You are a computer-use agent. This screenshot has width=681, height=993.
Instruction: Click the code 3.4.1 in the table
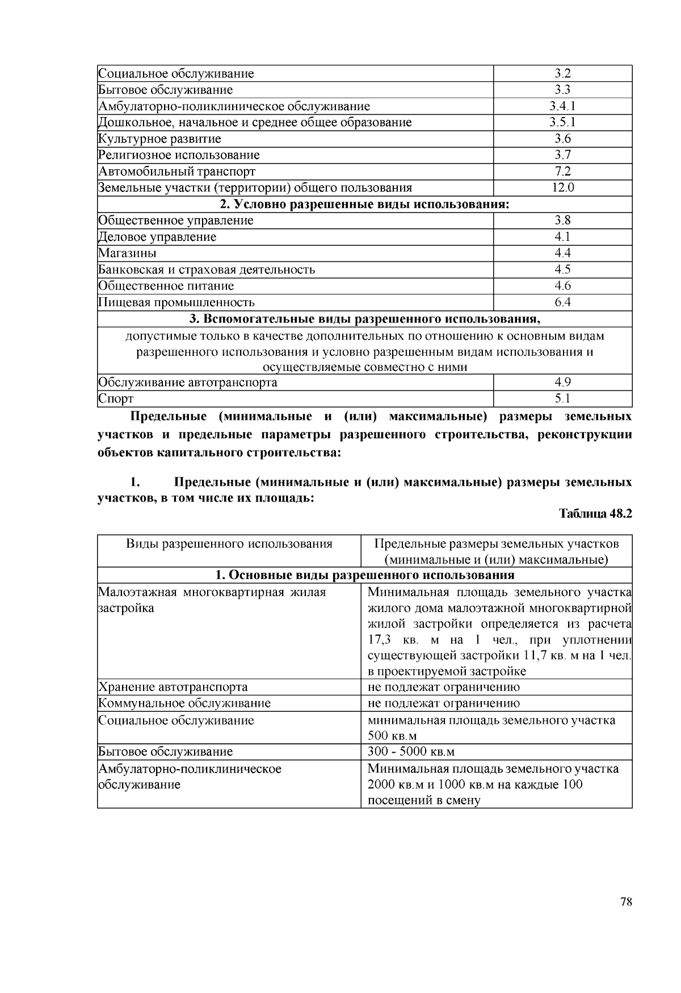pyautogui.click(x=562, y=106)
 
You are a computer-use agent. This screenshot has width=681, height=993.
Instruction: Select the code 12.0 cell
pyautogui.click(x=562, y=187)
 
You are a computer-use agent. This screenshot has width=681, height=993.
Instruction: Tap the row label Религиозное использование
pyautogui.click(x=179, y=155)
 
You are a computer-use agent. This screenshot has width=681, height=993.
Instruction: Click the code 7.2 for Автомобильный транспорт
pyautogui.click(x=562, y=172)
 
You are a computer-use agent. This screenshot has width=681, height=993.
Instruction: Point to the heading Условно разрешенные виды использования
pyautogui.click(x=364, y=205)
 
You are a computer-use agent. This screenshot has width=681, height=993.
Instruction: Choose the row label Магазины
pyautogui.click(x=127, y=253)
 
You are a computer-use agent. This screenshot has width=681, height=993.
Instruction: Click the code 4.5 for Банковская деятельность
pyautogui.click(x=562, y=269)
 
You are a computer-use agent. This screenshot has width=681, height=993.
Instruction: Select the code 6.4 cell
pyautogui.click(x=562, y=302)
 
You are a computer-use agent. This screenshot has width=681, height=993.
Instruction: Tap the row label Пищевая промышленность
pyautogui.click(x=176, y=302)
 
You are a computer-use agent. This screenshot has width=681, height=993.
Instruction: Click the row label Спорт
pyautogui.click(x=116, y=399)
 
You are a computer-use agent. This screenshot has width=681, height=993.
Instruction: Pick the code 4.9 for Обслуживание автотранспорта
pyautogui.click(x=562, y=382)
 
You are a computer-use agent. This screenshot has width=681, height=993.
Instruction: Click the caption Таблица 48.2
pyautogui.click(x=595, y=514)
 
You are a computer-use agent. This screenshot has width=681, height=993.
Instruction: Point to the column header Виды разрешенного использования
pyautogui.click(x=229, y=544)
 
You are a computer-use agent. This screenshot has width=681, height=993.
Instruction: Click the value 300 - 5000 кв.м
pyautogui.click(x=411, y=752)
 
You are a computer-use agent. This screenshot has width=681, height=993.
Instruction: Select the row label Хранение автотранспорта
pyautogui.click(x=173, y=687)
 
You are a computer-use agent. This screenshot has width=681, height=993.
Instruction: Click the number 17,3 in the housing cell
pyautogui.click(x=380, y=640)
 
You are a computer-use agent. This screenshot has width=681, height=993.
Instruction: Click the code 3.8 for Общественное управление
pyautogui.click(x=562, y=220)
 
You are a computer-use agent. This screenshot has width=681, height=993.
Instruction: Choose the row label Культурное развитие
pyautogui.click(x=159, y=139)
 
